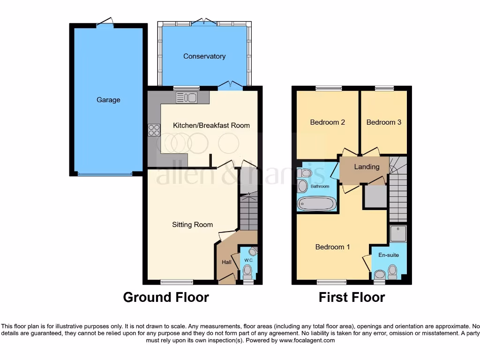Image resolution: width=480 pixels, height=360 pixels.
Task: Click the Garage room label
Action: click(x=108, y=100)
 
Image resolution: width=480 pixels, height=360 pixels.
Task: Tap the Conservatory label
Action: click(x=204, y=56)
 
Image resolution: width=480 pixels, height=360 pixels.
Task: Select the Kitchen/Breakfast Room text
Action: click(x=211, y=125)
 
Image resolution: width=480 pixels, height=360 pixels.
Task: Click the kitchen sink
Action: click(x=186, y=97)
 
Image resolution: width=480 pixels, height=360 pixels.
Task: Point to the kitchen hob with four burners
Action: click(x=154, y=129)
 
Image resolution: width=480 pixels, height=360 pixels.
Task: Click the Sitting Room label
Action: click(x=192, y=225)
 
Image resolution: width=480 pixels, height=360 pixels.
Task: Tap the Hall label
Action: click(x=226, y=262)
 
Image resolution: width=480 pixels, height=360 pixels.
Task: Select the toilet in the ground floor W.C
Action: click(x=247, y=270)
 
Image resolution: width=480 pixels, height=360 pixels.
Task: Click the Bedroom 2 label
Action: click(x=328, y=122)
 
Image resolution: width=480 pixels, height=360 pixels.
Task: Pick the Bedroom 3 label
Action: click(x=383, y=122)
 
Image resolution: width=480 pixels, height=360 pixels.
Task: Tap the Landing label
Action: click(x=367, y=167)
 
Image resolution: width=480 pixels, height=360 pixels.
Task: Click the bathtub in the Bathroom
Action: click(x=317, y=203)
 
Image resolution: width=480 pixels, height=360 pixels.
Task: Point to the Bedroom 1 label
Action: click(x=332, y=247)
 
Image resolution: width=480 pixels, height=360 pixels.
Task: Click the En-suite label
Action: click(x=389, y=255)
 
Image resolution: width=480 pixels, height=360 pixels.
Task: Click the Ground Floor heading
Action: click(x=166, y=297)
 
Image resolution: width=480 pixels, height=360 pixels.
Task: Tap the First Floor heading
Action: click(x=352, y=297)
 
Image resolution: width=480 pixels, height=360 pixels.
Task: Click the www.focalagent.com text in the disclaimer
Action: click(x=307, y=340)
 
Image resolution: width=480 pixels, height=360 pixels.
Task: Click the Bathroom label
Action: click(x=320, y=187)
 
